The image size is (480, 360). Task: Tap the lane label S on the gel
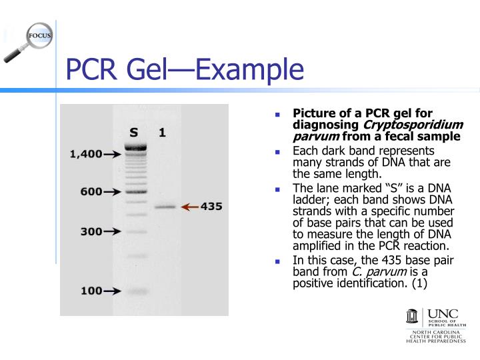point(134,133)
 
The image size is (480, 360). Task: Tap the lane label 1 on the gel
point(162,133)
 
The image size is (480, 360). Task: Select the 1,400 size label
point(86,154)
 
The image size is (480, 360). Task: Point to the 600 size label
point(91,191)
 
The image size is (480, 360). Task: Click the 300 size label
point(91,232)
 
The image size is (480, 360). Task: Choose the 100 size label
point(91,291)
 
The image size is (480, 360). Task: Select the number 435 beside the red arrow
point(211,207)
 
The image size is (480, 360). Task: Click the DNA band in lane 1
point(165,207)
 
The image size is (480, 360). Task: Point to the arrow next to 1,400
point(112,154)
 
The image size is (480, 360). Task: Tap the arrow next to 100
point(112,291)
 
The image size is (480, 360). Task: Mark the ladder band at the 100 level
point(135,291)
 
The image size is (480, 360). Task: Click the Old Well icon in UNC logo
point(413,318)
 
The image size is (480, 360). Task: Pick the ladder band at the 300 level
point(135,232)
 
